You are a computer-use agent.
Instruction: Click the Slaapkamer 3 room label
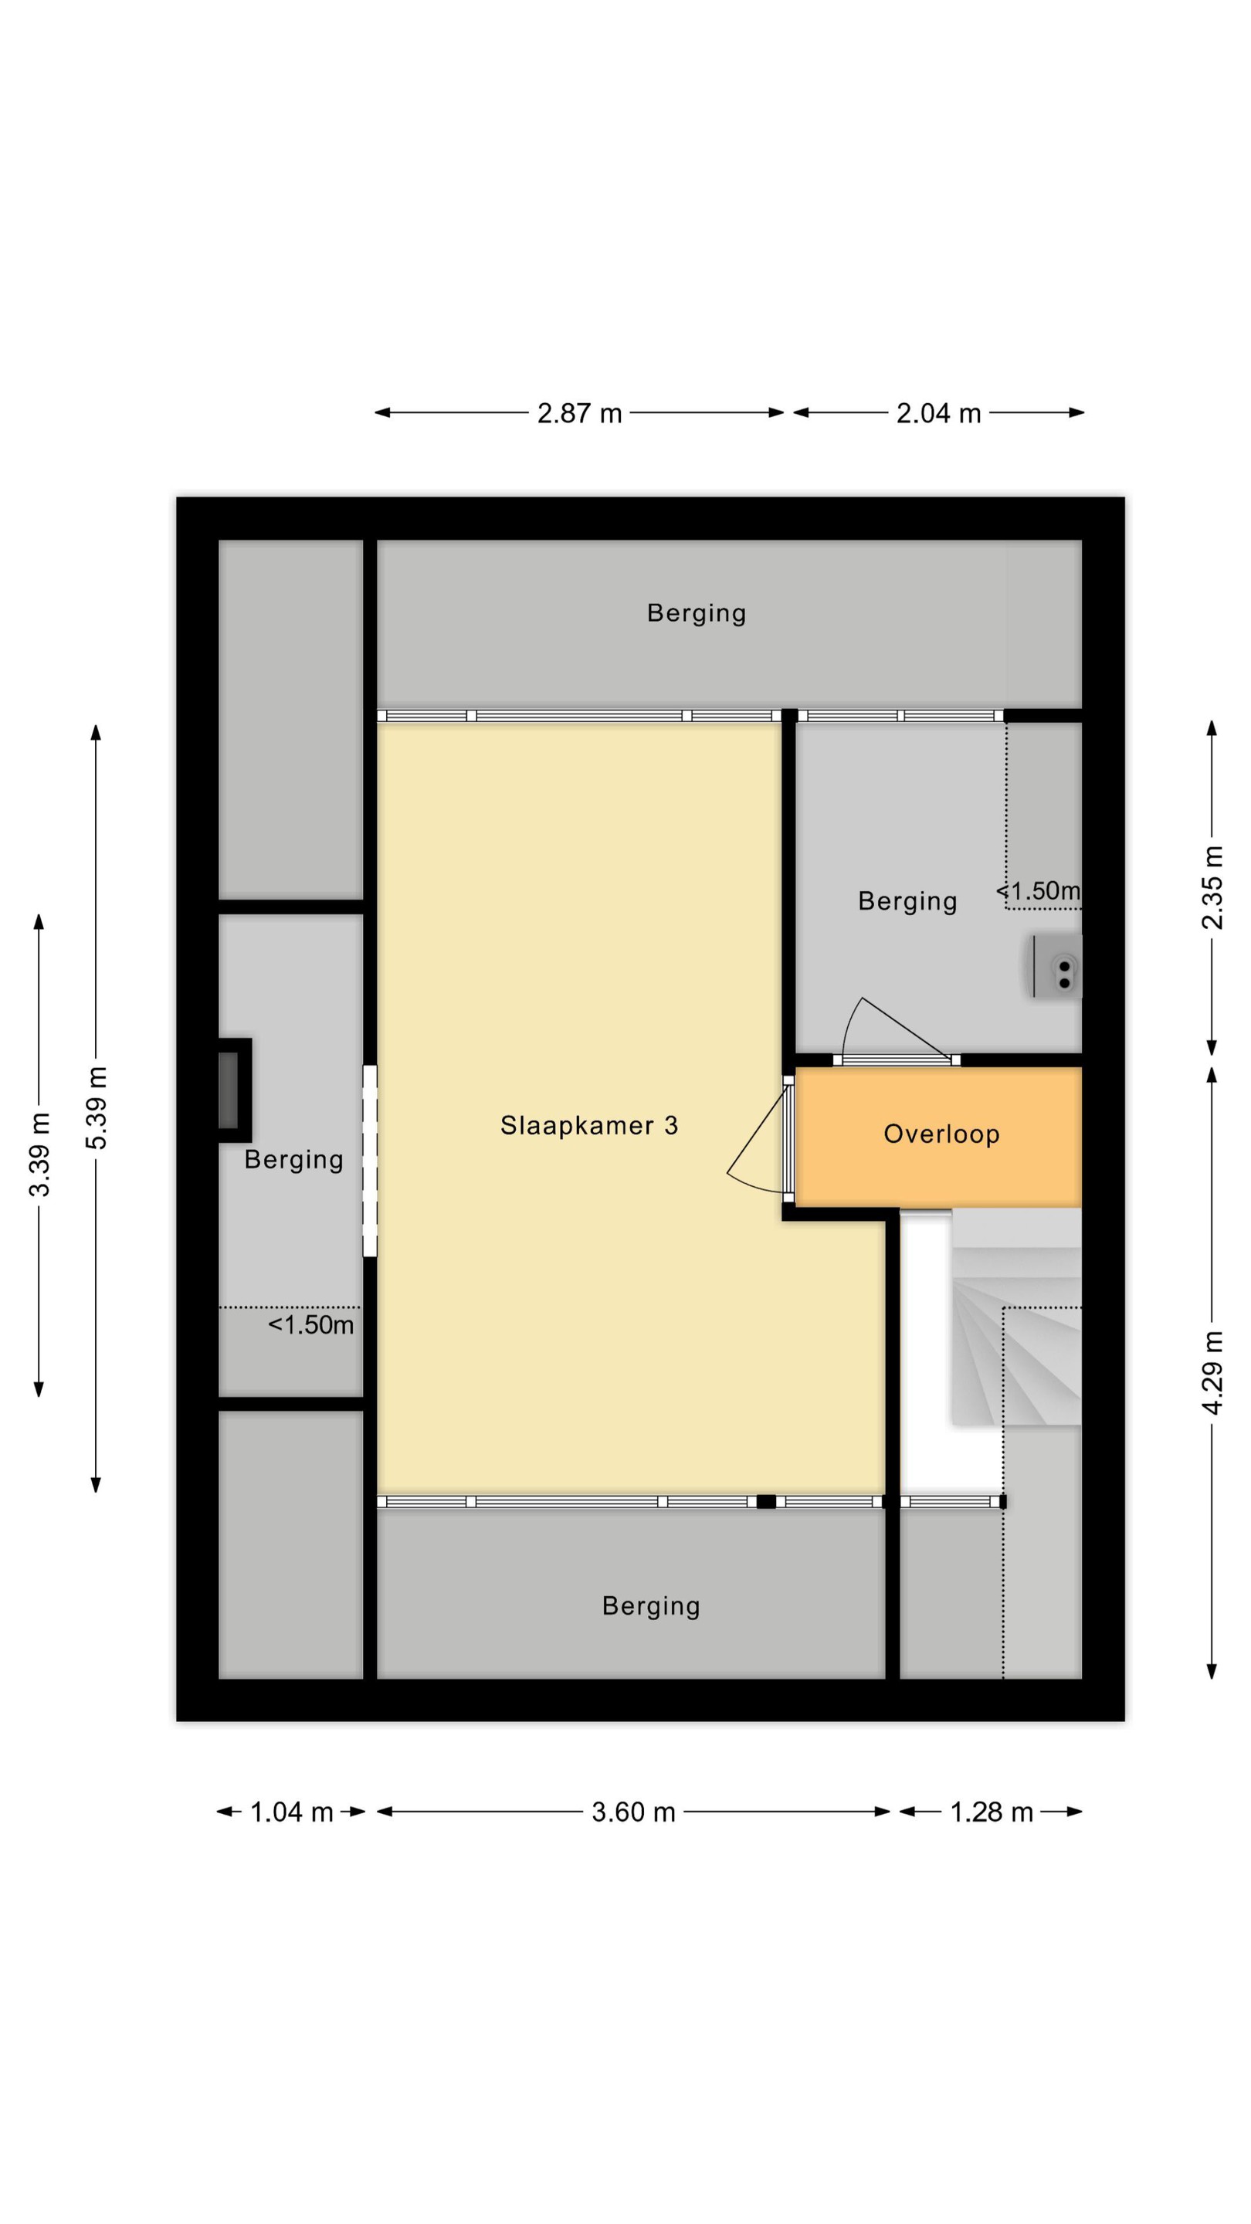click(588, 1125)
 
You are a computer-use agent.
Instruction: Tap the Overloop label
click(941, 1134)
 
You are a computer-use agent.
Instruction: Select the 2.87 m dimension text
click(579, 414)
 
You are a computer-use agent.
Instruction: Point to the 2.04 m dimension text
click(938, 414)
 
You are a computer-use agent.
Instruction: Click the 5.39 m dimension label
click(97, 1107)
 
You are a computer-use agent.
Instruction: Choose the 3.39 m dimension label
click(39, 1154)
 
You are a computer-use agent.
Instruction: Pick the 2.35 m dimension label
click(1213, 887)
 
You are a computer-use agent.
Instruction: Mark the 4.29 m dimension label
click(1213, 1373)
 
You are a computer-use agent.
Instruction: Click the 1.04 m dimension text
click(291, 1812)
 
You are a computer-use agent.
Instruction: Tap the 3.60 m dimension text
click(633, 1812)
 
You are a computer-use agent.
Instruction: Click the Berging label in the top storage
click(696, 613)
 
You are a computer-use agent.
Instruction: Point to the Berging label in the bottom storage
click(651, 1606)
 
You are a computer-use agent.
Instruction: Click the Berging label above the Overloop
click(907, 901)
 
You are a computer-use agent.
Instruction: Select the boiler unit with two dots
click(1056, 966)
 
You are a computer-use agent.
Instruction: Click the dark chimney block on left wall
click(234, 1090)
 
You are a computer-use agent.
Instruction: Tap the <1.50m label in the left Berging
click(310, 1325)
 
